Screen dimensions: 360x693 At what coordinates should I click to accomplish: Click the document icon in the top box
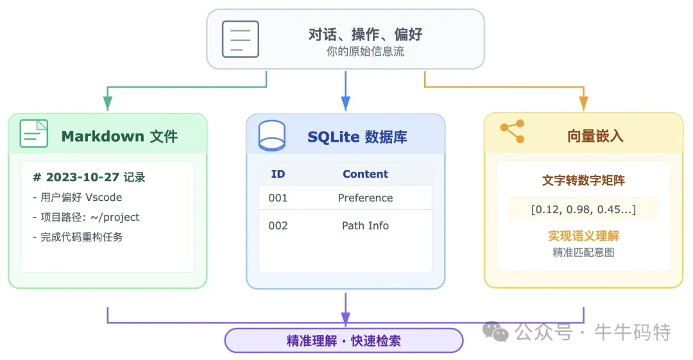(x=240, y=39)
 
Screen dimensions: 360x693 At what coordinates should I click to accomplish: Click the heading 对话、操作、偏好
(x=365, y=34)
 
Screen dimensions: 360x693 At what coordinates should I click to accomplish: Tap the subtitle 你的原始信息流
(x=365, y=52)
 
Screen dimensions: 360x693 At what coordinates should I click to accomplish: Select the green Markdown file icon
(x=34, y=134)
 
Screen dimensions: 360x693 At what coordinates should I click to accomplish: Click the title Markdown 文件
(x=119, y=136)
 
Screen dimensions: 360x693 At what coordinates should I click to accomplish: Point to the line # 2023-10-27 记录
(x=89, y=177)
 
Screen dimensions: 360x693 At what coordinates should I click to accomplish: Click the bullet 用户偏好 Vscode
(x=77, y=197)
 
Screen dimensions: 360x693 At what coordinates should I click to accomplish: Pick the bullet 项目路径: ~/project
(x=85, y=217)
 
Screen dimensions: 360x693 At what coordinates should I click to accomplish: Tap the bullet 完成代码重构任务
(x=78, y=237)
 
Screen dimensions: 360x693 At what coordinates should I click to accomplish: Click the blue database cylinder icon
(x=271, y=135)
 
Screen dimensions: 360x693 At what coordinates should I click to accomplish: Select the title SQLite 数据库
(x=357, y=137)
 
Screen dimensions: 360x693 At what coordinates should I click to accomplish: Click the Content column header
(x=365, y=174)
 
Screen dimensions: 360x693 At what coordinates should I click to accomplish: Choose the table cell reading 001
(x=278, y=198)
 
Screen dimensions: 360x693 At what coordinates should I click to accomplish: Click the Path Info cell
(x=365, y=225)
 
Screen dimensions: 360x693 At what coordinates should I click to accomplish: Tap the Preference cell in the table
(x=365, y=198)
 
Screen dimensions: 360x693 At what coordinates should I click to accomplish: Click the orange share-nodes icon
(x=512, y=132)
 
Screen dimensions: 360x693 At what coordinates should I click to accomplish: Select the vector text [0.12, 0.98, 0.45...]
(x=583, y=209)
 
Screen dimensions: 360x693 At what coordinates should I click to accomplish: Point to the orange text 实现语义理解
(x=583, y=236)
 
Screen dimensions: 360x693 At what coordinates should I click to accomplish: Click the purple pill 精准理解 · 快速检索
(x=344, y=341)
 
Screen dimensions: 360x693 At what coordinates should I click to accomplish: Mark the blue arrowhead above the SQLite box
(x=346, y=103)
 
